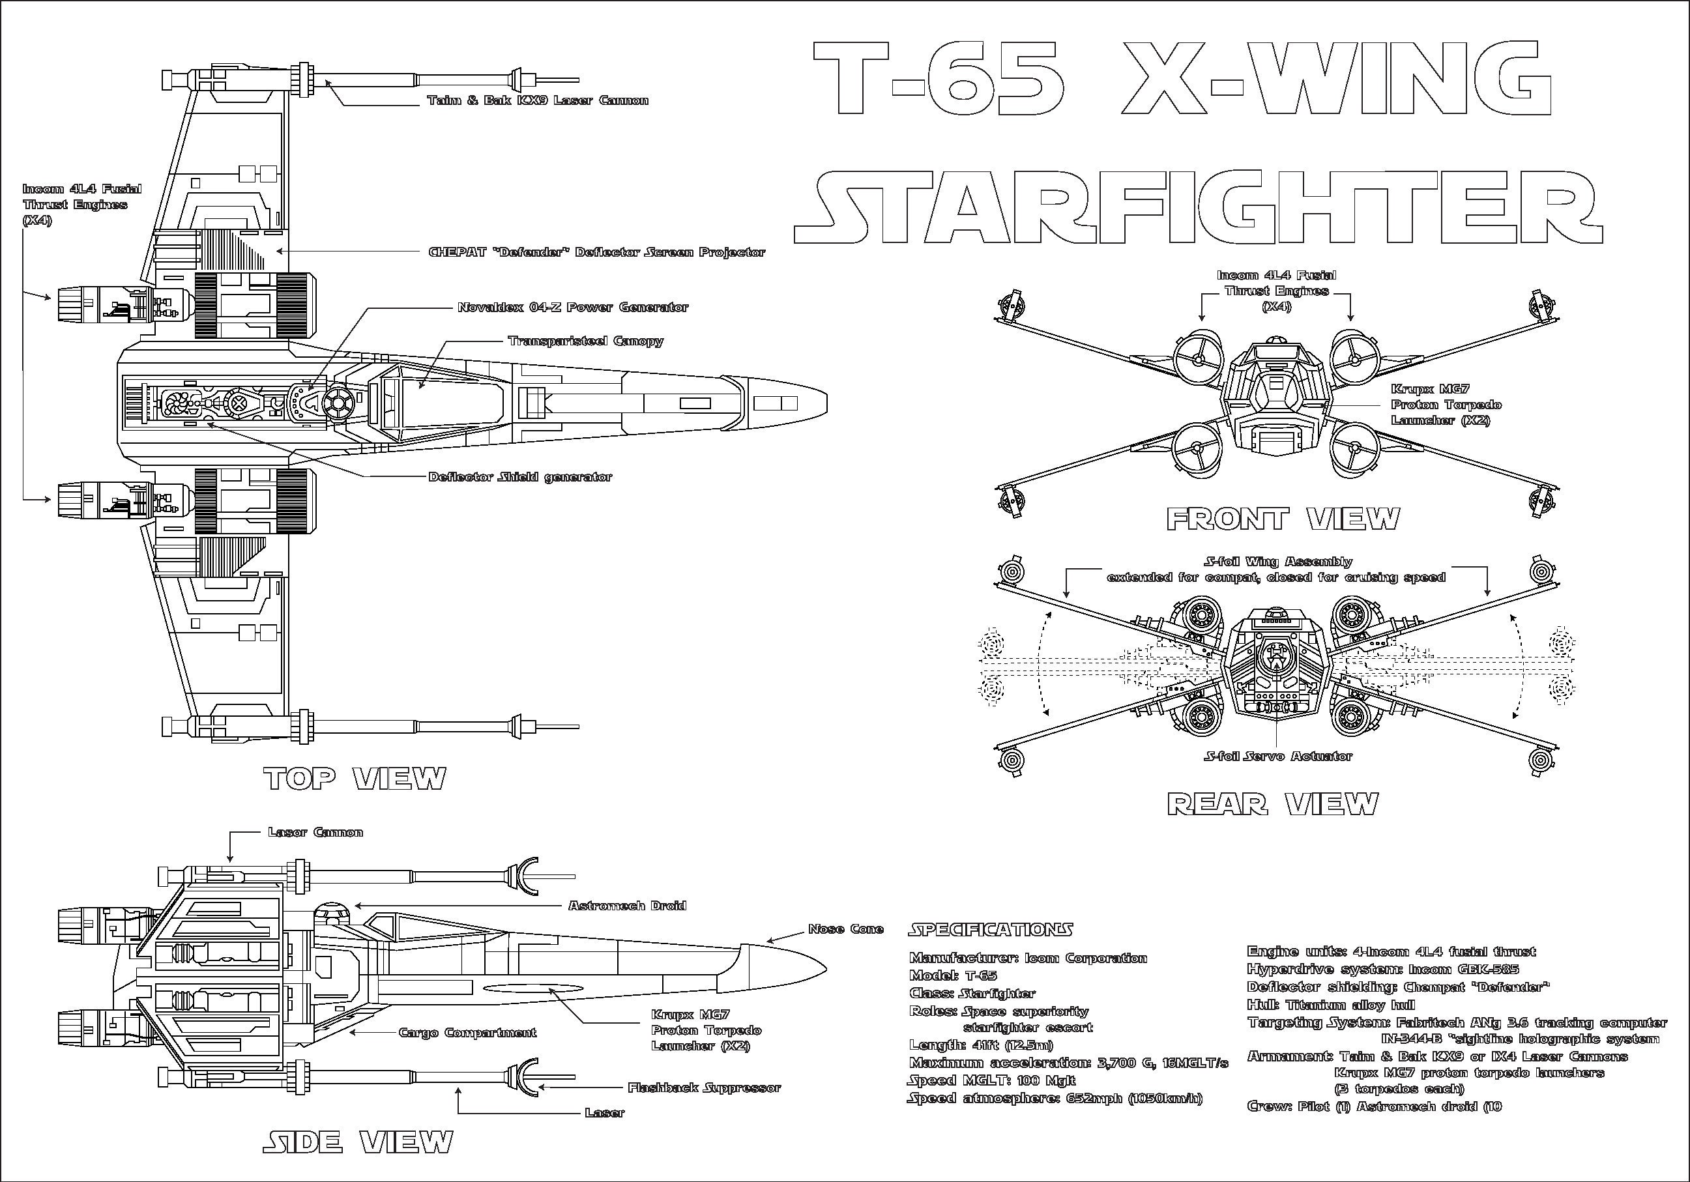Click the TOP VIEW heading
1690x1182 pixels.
click(x=355, y=779)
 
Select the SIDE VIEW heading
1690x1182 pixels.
click(x=358, y=1142)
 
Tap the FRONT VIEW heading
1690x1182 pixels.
click(x=1282, y=519)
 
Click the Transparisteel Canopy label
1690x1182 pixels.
click(x=585, y=341)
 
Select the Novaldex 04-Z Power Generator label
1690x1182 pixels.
click(x=573, y=307)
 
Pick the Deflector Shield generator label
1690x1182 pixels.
click(x=519, y=477)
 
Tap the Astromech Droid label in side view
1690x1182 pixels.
click(x=627, y=905)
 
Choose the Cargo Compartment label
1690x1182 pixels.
click(x=467, y=1033)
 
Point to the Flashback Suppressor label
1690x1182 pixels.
click(x=704, y=1087)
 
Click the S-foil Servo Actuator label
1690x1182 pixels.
click(x=1278, y=756)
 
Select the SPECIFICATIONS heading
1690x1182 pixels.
click(x=991, y=930)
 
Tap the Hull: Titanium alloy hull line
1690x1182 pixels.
click(x=1331, y=1005)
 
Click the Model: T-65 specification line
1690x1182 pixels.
click(x=954, y=976)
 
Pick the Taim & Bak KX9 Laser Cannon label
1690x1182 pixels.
click(x=537, y=100)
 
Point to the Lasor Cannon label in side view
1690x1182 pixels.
click(x=315, y=832)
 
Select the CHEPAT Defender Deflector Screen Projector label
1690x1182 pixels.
click(x=596, y=252)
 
